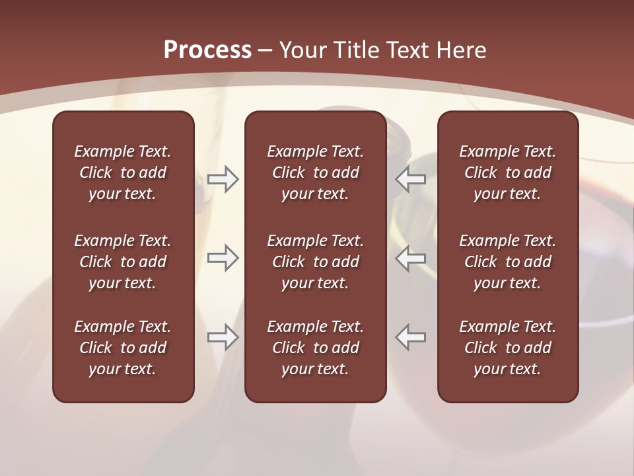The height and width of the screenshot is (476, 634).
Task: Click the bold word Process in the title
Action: [207, 50]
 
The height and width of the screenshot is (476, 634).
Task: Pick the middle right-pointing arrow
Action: [223, 258]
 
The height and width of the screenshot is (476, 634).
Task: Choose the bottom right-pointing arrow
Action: [223, 337]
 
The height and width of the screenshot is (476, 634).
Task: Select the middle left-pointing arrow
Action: [411, 258]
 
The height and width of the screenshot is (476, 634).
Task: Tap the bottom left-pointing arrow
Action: [411, 337]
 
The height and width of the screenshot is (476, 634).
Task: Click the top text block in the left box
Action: [123, 173]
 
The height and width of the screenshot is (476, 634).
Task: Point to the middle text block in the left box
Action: [123, 262]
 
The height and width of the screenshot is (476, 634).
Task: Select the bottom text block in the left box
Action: [123, 348]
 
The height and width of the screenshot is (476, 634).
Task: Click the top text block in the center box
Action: [316, 173]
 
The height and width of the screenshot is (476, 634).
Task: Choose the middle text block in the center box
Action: [316, 262]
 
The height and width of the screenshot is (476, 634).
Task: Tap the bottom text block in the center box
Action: [316, 348]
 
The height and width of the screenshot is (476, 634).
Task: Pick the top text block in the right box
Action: [508, 173]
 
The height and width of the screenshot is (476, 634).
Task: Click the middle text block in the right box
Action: [508, 262]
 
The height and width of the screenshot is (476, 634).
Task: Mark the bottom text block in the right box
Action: [508, 348]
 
